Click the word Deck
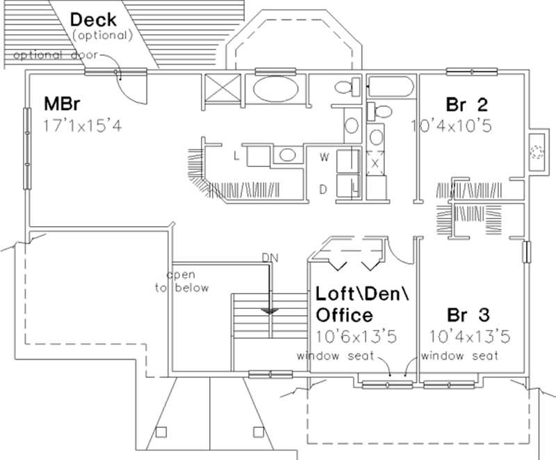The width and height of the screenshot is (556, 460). (93, 18)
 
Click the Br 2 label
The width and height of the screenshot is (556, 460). (466, 105)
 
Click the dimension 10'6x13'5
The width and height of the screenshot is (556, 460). (356, 337)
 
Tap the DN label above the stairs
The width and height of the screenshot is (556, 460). (270, 258)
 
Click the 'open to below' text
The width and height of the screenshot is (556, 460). (181, 282)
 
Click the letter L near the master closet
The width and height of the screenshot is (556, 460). (236, 157)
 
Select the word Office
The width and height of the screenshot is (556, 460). (344, 315)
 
